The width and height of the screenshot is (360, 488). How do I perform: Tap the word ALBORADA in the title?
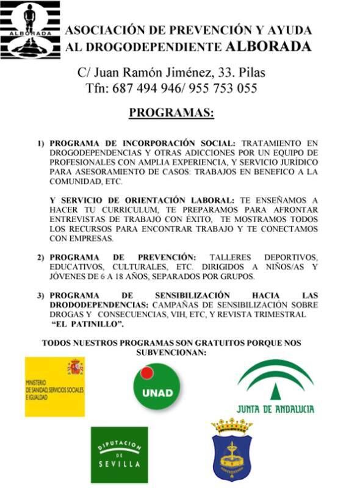pyautogui.click(x=268, y=46)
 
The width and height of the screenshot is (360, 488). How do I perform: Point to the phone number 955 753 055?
pyautogui.click(x=223, y=88)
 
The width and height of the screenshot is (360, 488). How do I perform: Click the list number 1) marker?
pyautogui.click(x=41, y=143)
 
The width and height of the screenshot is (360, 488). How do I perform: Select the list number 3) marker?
pyautogui.click(x=41, y=296)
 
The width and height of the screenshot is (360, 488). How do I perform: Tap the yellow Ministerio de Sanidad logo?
pyautogui.click(x=54, y=387)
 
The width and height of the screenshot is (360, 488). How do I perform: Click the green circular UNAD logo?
pyautogui.click(x=157, y=387)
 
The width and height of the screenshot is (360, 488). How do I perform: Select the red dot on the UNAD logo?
pyautogui.click(x=146, y=374)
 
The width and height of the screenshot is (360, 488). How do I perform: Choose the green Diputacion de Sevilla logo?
pyautogui.click(x=119, y=454)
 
